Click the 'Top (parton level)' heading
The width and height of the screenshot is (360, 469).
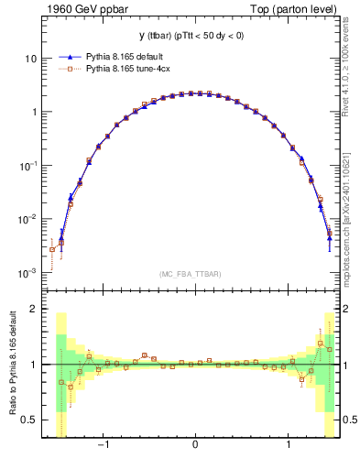pyautogui.click(x=295, y=9)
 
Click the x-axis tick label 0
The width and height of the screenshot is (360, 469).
pyautogui.click(x=195, y=446)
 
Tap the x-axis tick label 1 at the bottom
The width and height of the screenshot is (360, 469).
pyautogui.click(x=289, y=446)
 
